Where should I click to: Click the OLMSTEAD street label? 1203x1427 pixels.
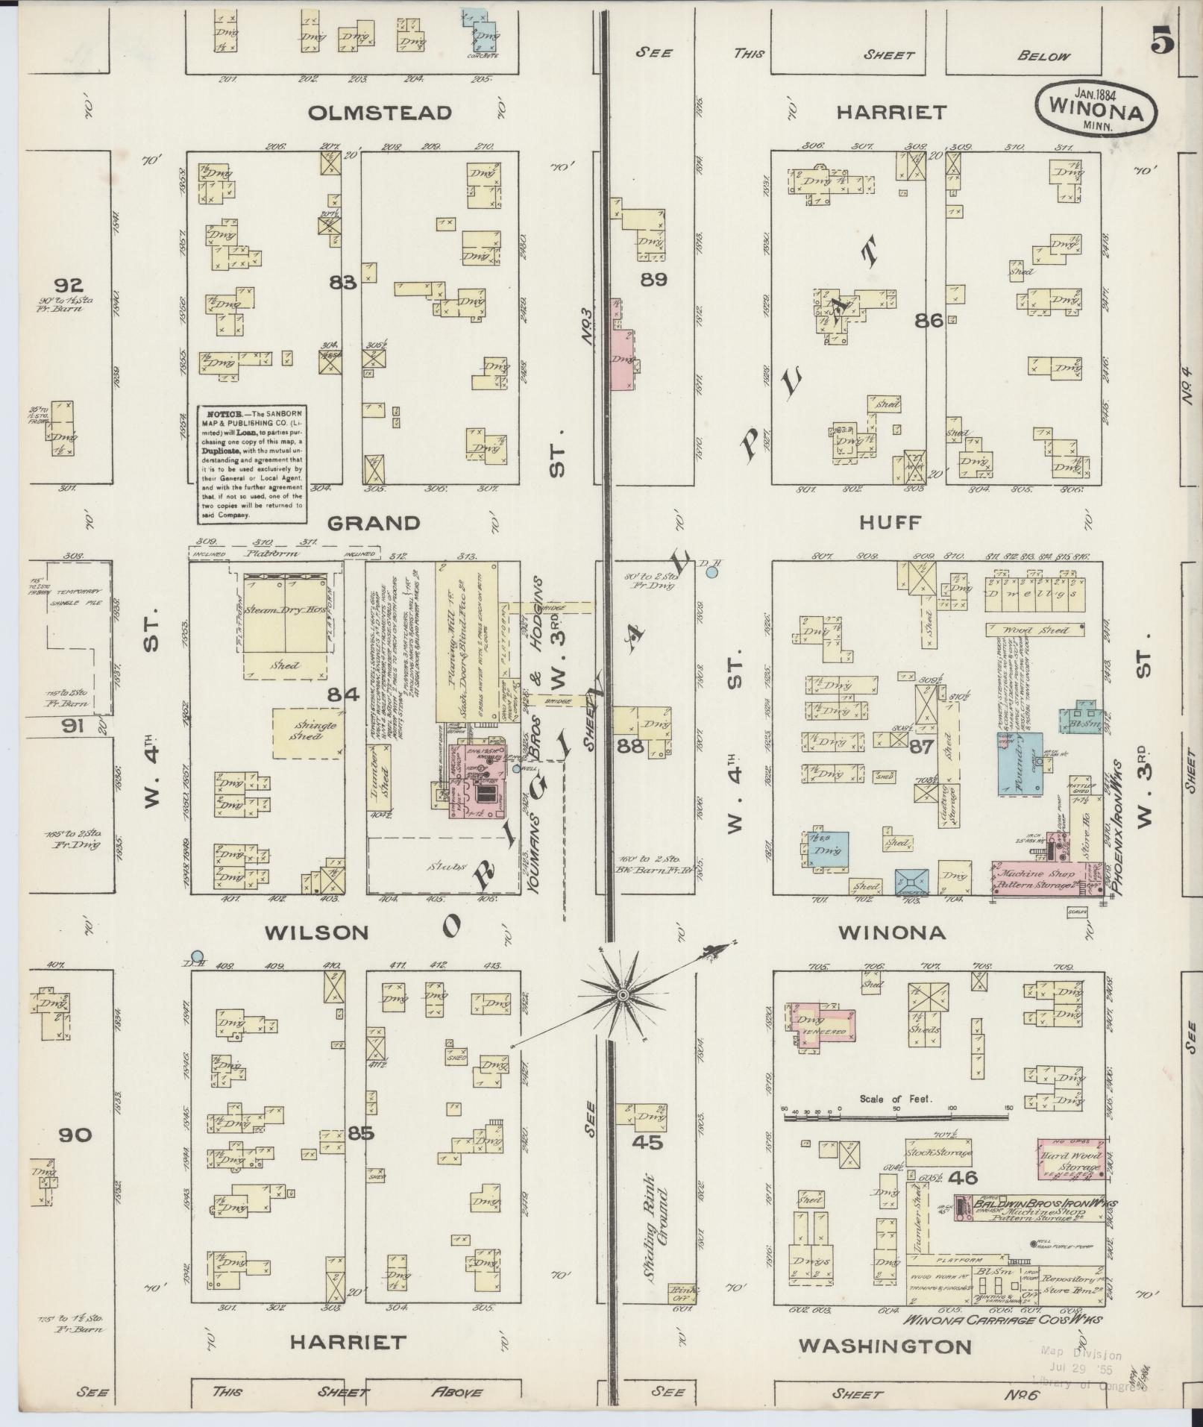(380, 113)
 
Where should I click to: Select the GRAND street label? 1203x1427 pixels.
(374, 523)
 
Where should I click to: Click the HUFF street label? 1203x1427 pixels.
(891, 522)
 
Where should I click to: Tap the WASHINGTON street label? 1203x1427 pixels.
(885, 1346)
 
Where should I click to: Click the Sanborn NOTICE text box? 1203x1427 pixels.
(251, 462)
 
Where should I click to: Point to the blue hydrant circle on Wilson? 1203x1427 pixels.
(197, 956)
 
